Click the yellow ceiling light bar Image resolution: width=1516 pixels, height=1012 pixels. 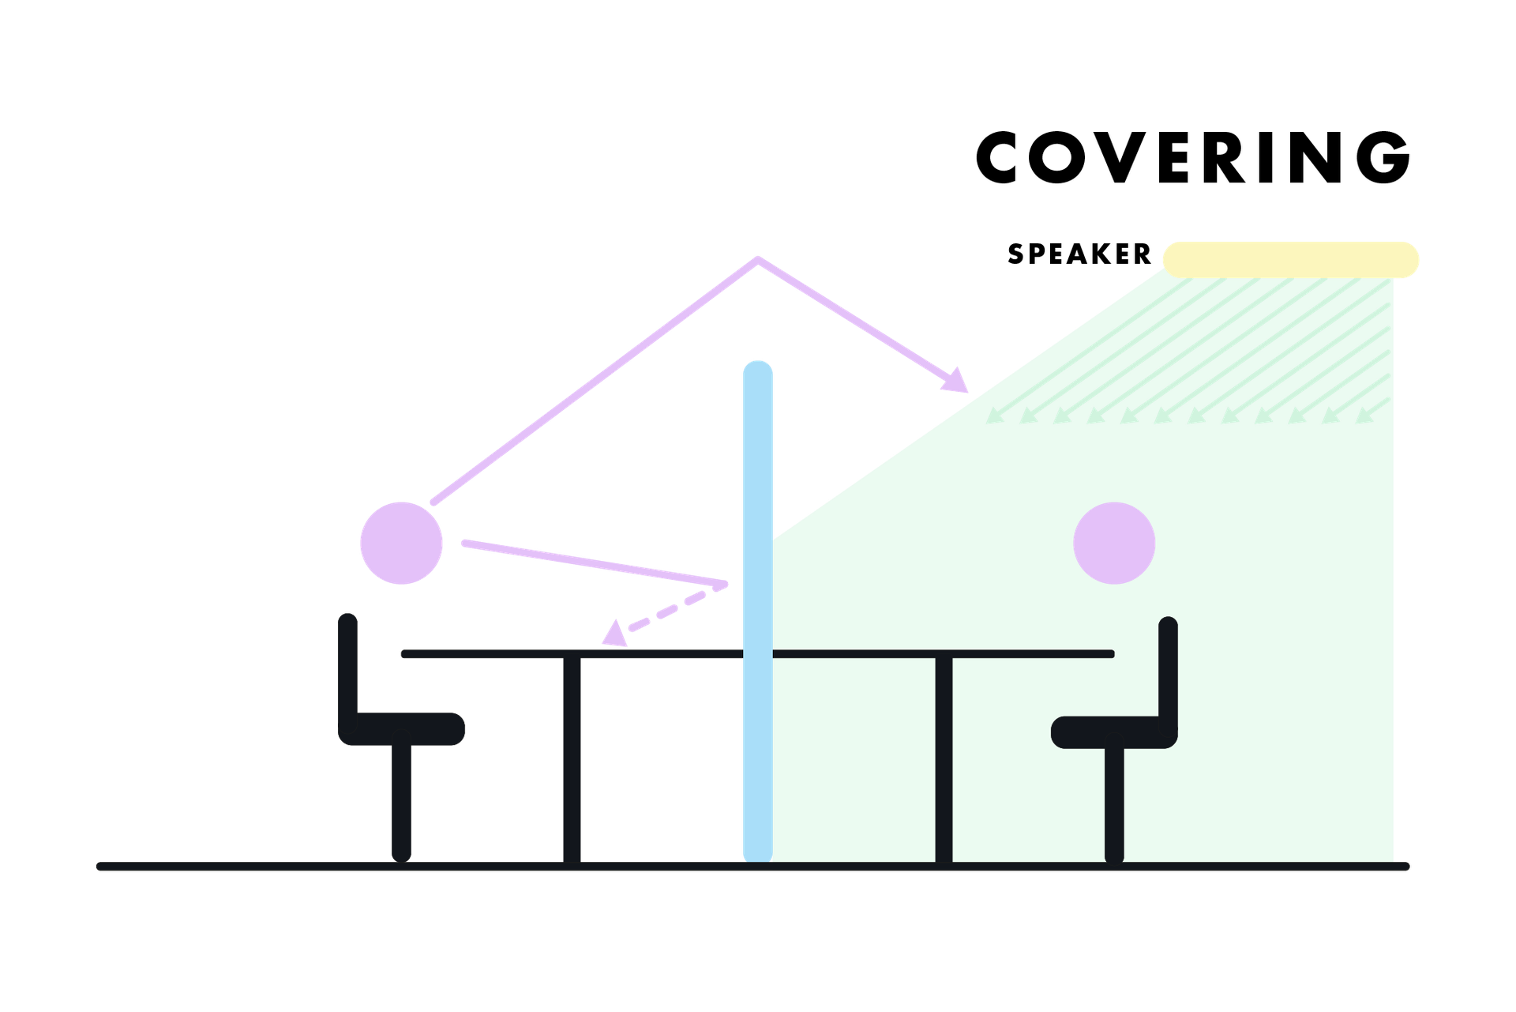coord(1290,260)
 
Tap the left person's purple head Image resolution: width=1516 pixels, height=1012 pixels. coord(401,543)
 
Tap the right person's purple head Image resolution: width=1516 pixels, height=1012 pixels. coord(1114,544)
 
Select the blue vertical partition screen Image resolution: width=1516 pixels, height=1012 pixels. coord(757,632)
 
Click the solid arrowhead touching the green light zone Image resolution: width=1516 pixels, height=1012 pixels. coord(958,380)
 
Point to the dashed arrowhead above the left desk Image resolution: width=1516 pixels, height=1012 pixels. coord(614,635)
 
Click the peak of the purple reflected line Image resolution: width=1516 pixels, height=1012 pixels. coord(758,258)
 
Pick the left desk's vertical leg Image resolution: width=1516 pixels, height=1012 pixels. coord(572,758)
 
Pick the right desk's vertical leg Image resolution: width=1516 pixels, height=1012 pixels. coord(944,758)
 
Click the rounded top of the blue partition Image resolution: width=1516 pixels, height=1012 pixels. coord(757,370)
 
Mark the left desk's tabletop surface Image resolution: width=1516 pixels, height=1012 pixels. coord(490,654)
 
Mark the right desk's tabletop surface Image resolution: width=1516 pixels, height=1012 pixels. coord(1026,654)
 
